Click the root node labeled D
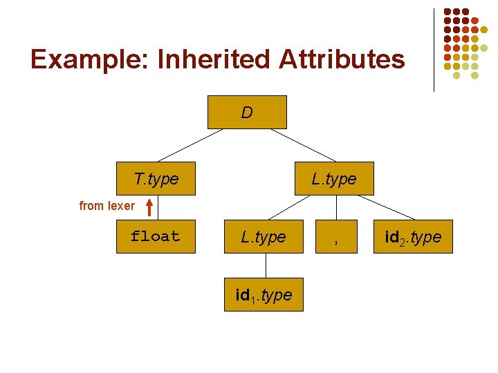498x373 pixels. pos(247,112)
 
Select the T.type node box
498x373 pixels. pos(156,179)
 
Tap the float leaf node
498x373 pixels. pos(156,236)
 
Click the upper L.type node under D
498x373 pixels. pos(334,179)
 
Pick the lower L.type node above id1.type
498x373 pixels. pos(264,237)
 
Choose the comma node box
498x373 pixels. pos(335,237)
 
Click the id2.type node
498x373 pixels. pos(413,237)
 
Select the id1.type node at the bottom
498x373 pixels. pos(264,295)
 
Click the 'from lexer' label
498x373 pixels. pos(107,206)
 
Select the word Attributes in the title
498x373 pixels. pos(342,59)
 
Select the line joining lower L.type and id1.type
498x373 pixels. pos(264,266)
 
